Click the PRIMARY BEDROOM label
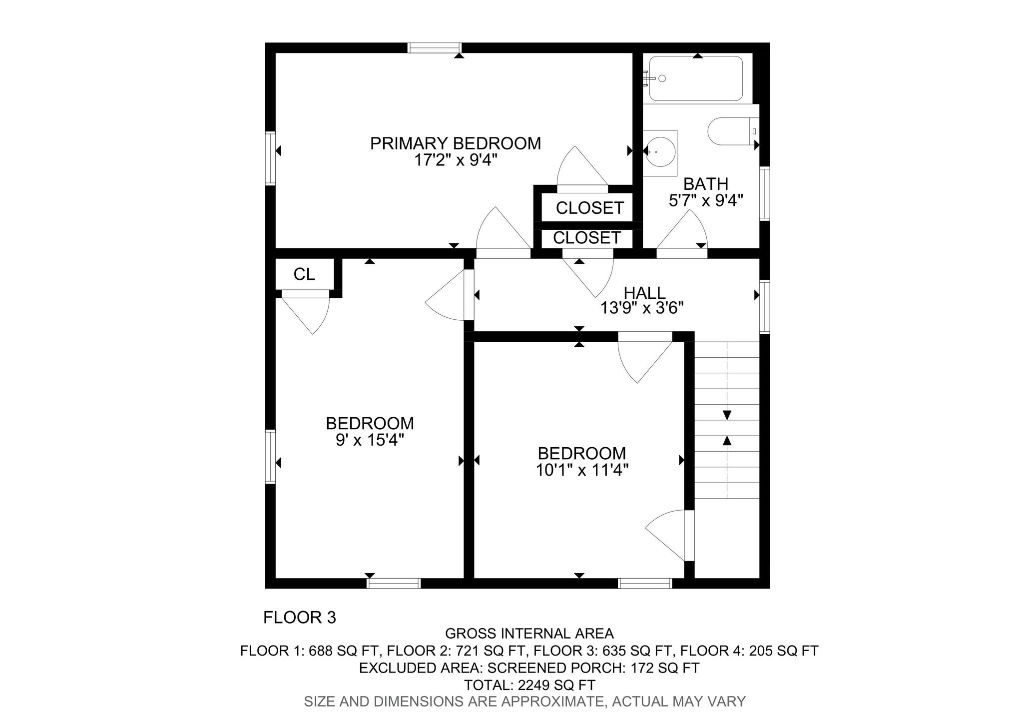tap(455, 143)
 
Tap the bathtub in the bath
tap(695, 78)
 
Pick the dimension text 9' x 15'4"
tap(370, 440)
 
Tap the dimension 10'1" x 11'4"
tap(581, 470)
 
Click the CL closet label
tap(304, 274)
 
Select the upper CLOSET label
tap(589, 208)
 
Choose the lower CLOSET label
tap(587, 238)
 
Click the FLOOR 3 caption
tap(300, 618)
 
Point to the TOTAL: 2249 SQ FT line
tap(529, 685)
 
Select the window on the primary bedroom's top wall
tap(434, 48)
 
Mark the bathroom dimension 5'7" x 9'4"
tap(706, 200)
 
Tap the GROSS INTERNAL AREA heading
tap(529, 634)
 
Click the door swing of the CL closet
tap(320, 320)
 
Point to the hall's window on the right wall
tap(764, 307)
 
